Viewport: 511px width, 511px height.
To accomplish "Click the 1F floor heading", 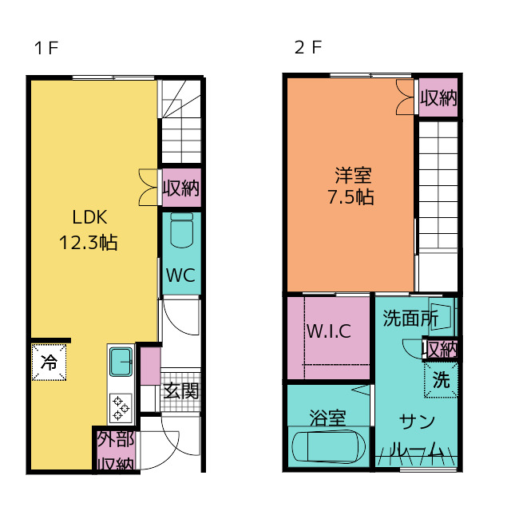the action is (46, 48).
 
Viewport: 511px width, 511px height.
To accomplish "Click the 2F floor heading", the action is (308, 47).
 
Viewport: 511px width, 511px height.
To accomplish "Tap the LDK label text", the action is (89, 217).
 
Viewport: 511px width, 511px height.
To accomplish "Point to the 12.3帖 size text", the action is (89, 243).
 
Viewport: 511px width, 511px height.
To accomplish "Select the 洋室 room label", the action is (353, 176).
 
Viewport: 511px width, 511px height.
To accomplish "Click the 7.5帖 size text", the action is (351, 197).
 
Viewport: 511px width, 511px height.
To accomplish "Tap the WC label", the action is (181, 275).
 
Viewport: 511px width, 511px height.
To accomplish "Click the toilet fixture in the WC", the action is (182, 231).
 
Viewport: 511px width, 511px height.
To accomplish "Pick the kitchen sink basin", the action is (121, 362).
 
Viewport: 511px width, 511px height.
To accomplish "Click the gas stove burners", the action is (121, 408).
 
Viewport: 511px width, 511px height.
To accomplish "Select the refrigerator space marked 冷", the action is (49, 362).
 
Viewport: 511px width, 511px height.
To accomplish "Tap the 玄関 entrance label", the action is (181, 391).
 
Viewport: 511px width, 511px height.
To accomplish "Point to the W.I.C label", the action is (329, 331).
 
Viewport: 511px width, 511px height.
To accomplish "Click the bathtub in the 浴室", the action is (328, 446).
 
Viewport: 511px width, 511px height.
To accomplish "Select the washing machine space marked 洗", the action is (441, 380).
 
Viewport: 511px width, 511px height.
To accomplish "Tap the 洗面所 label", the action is (410, 318).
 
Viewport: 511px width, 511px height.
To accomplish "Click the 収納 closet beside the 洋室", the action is (438, 97).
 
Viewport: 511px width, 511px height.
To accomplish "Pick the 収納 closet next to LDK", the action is (181, 188).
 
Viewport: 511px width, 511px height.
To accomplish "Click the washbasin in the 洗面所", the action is (441, 315).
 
